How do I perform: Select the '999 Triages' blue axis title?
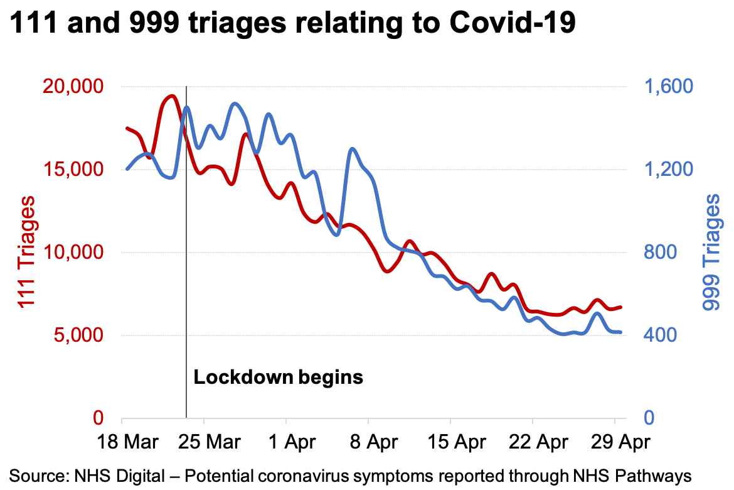(x=711, y=253)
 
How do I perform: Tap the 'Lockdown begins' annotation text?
(x=278, y=378)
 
